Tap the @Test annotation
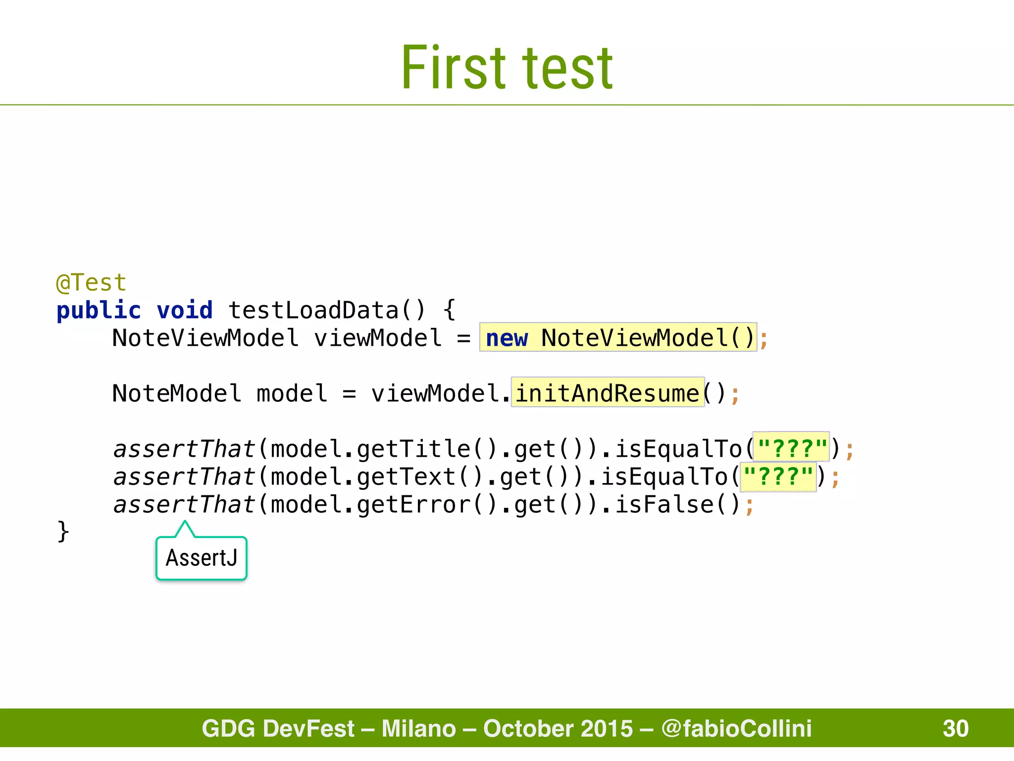92,283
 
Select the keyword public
99,311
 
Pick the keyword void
185,311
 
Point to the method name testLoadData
313,311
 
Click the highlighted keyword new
507,338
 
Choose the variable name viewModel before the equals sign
378,338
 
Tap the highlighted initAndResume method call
608,393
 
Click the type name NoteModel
177,393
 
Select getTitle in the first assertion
413,449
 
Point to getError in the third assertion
413,505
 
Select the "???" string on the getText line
778,477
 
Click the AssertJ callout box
202,558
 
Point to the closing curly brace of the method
63,532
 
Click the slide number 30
956,728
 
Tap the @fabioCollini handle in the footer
736,728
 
